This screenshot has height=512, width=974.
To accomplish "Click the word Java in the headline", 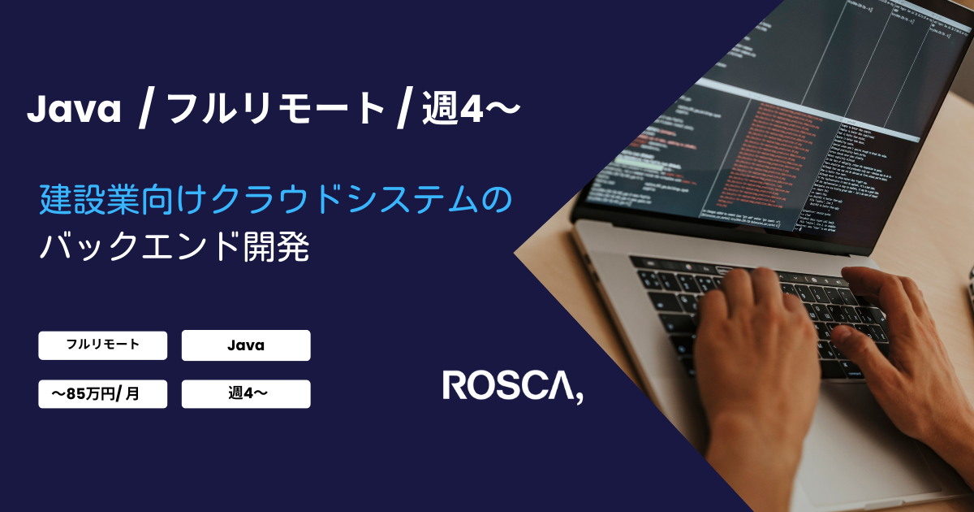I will (74, 111).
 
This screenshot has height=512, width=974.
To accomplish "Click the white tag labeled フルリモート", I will (102, 345).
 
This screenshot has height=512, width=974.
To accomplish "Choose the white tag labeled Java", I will (246, 345).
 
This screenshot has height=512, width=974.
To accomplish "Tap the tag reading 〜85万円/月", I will (102, 394).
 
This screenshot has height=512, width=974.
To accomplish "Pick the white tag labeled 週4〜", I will (246, 394).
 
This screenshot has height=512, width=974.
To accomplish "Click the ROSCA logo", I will (512, 386).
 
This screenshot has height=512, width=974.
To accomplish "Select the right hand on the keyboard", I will (901, 341).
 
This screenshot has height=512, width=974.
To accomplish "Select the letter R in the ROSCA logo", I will (454, 385).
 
